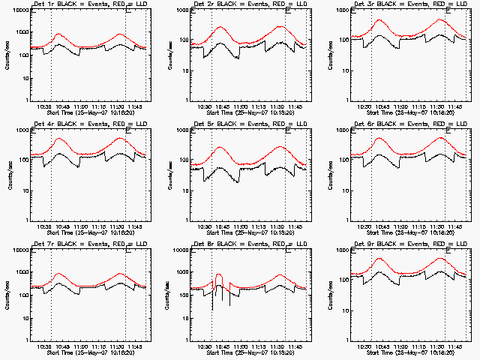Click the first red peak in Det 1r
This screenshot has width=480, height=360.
pos(58,34)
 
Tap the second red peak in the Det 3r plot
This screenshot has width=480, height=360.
pos(440,20)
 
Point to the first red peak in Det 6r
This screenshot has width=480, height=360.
pos(379,138)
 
